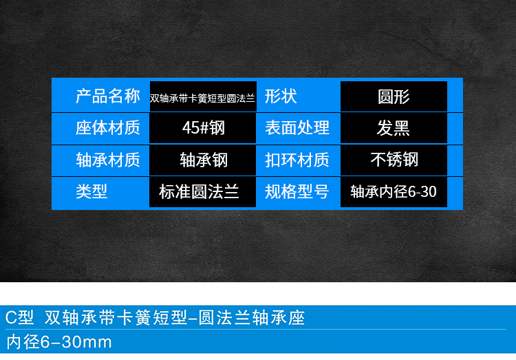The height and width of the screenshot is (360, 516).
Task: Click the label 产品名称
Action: click(x=108, y=96)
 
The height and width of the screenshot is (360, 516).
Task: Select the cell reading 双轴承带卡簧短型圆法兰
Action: click(x=203, y=96)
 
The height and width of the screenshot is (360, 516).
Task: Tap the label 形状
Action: click(x=281, y=96)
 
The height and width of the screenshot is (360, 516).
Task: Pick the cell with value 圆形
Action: click(x=394, y=96)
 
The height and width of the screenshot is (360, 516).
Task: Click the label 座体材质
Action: click(x=108, y=128)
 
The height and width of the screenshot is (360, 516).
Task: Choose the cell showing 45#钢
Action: click(x=203, y=128)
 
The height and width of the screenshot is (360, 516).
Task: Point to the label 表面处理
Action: click(x=297, y=128)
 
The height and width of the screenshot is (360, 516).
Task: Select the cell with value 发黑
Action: click(x=394, y=128)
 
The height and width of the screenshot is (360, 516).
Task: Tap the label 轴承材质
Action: click(x=108, y=160)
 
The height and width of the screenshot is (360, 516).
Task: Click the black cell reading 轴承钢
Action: click(x=203, y=160)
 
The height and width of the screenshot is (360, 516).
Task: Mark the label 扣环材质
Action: click(x=297, y=160)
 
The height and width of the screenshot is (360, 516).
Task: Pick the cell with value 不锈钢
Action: click(x=394, y=160)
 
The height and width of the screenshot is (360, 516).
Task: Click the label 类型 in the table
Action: click(x=92, y=191)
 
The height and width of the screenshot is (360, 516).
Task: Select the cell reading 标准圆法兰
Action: click(x=203, y=192)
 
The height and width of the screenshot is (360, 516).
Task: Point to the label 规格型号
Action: click(x=297, y=191)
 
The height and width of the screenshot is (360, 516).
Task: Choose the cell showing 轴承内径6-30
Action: click(x=394, y=192)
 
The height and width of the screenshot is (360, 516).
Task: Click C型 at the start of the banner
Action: click(x=19, y=317)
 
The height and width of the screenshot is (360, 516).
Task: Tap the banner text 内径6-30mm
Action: click(x=59, y=342)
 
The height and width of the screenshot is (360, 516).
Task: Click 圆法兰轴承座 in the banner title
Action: click(x=252, y=317)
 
